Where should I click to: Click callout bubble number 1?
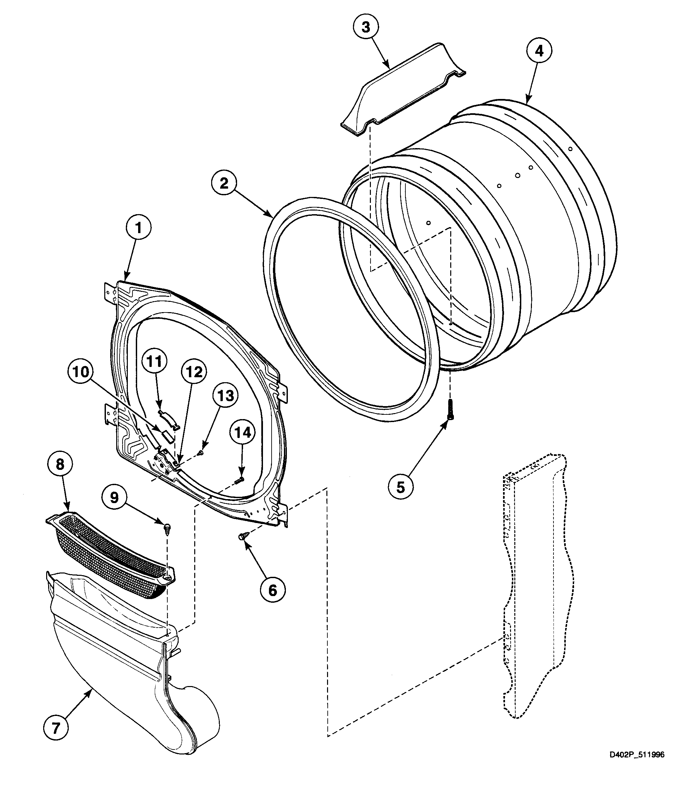tap(138, 228)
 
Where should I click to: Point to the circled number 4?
tap(539, 51)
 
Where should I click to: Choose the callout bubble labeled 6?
tap(273, 590)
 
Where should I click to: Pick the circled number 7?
tap(56, 728)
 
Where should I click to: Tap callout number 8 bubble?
tap(60, 465)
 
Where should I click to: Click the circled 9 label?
tap(115, 498)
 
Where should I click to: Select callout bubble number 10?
tap(81, 372)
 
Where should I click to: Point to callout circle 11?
tap(154, 362)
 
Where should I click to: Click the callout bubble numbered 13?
tap(226, 396)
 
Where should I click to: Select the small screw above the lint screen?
tap(168, 528)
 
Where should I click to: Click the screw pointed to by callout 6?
tap(243, 536)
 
